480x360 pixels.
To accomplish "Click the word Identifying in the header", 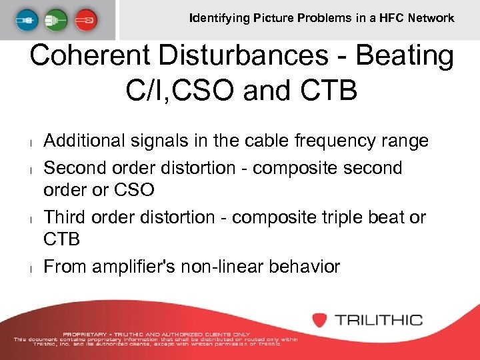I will [219, 18].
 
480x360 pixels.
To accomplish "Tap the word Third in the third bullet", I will [65, 217].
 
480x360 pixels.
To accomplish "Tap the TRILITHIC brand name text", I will [378, 320].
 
